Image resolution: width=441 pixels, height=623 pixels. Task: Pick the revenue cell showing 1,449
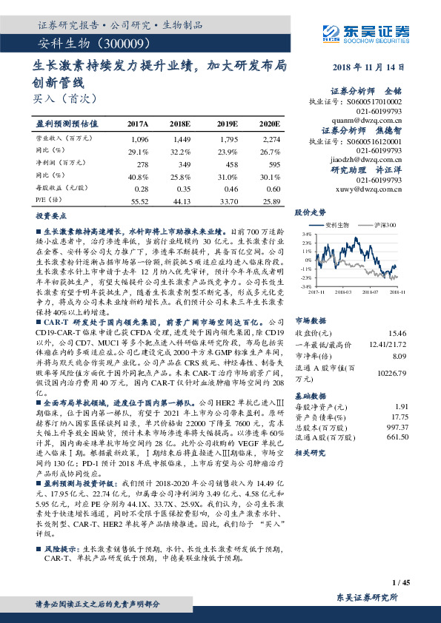point(181,139)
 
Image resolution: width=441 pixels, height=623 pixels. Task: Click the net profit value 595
point(272,164)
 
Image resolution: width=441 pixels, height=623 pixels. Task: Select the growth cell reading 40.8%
point(138,176)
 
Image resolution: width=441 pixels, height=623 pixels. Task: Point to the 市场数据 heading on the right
point(309,300)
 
